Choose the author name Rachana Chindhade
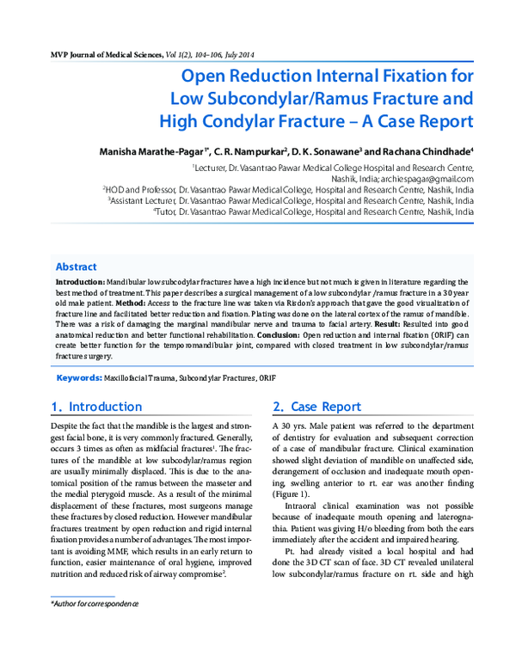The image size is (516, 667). coord(428,150)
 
